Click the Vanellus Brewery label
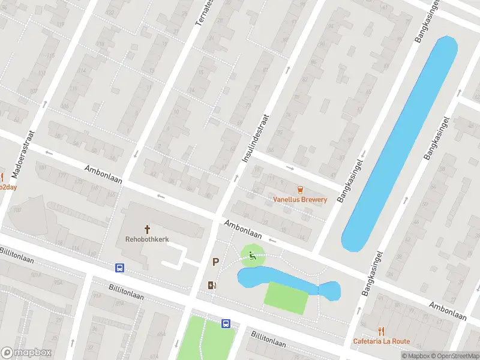tap(300, 199)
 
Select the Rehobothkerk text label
tap(147, 239)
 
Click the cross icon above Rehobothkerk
tap(147, 229)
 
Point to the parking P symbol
tap(215, 262)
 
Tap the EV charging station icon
tap(211, 284)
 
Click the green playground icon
tap(253, 257)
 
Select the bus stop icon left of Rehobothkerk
tap(120, 268)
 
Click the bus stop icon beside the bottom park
tap(226, 323)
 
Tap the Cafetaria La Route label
tap(381, 341)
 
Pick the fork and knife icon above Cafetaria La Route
tap(381, 331)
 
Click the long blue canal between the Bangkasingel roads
tap(400, 144)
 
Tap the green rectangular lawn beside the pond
tap(286, 297)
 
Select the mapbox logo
tap(26, 353)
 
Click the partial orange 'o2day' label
tap(7, 187)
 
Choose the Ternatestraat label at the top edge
tap(205, 12)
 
